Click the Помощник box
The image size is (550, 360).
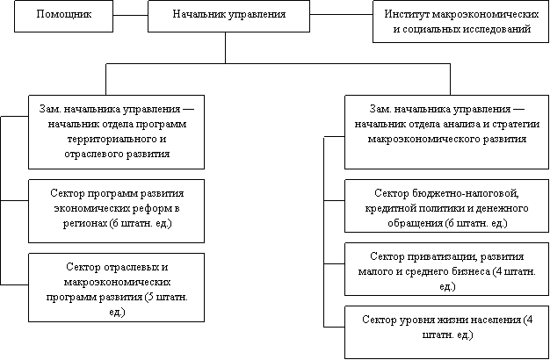[63, 16]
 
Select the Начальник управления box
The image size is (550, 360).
[228, 16]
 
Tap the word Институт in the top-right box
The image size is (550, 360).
[407, 14]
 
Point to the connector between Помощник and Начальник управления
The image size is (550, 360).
[131, 15]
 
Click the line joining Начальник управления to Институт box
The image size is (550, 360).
[341, 15]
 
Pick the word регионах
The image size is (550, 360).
[84, 223]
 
